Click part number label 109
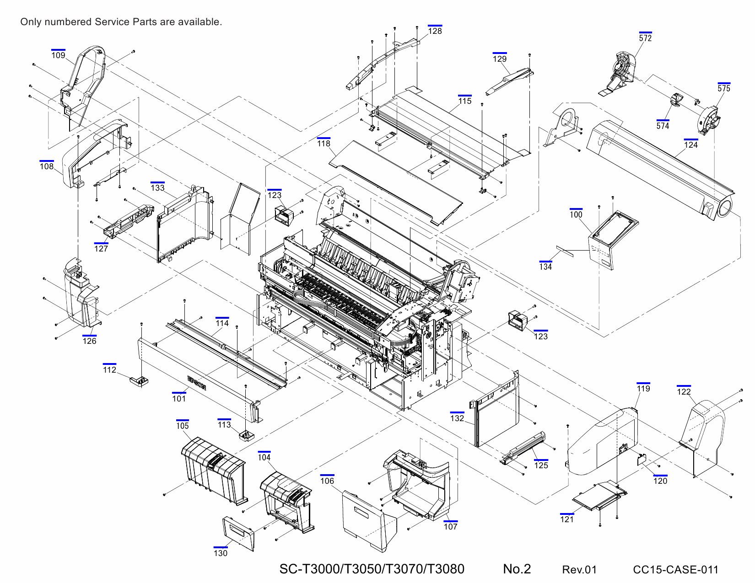[58, 55]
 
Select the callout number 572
[645, 38]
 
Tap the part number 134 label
[545, 267]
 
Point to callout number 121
[567, 519]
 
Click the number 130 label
[220, 553]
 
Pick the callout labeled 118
[324, 144]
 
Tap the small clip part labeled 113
[247, 435]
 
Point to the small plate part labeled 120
[642, 459]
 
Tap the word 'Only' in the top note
[31, 22]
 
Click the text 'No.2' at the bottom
[517, 569]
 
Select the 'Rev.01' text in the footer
[579, 570]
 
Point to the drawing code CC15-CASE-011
[675, 570]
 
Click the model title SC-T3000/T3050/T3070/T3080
[372, 569]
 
